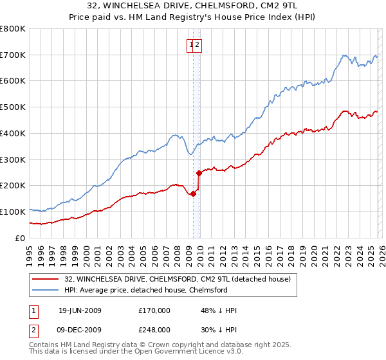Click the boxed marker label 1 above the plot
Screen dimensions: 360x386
click(x=191, y=44)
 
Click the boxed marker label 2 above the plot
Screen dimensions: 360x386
click(x=198, y=44)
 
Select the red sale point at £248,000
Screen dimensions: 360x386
click(x=199, y=172)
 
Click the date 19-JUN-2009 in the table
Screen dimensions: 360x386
click(x=80, y=310)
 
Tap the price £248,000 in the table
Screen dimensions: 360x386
click(x=154, y=329)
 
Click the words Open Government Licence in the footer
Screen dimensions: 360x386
click(x=187, y=353)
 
